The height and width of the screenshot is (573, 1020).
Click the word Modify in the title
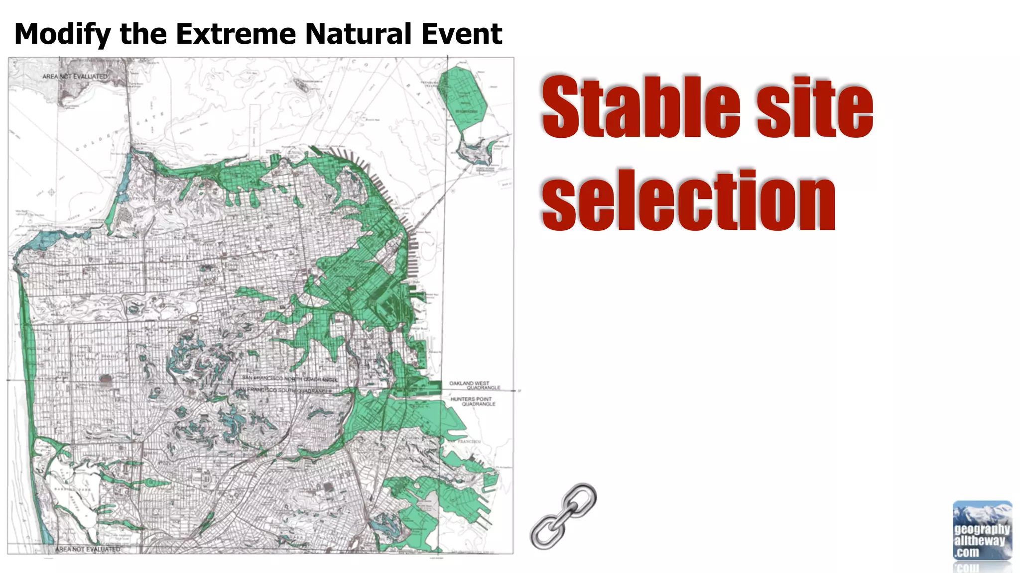tap(63, 34)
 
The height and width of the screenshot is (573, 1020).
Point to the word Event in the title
tap(461, 34)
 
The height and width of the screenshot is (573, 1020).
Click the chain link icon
tap(563, 516)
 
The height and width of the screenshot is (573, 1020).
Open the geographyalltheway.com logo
tap(982, 531)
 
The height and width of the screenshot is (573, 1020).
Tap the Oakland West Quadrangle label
tap(474, 385)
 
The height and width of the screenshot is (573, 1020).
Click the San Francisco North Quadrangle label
tap(290, 379)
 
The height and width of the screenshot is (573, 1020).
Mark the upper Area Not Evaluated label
tap(75, 77)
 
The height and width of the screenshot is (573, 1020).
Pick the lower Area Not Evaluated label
tap(88, 549)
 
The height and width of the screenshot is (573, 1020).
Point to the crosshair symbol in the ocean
tap(51, 192)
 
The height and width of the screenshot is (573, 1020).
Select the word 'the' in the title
tap(143, 34)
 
